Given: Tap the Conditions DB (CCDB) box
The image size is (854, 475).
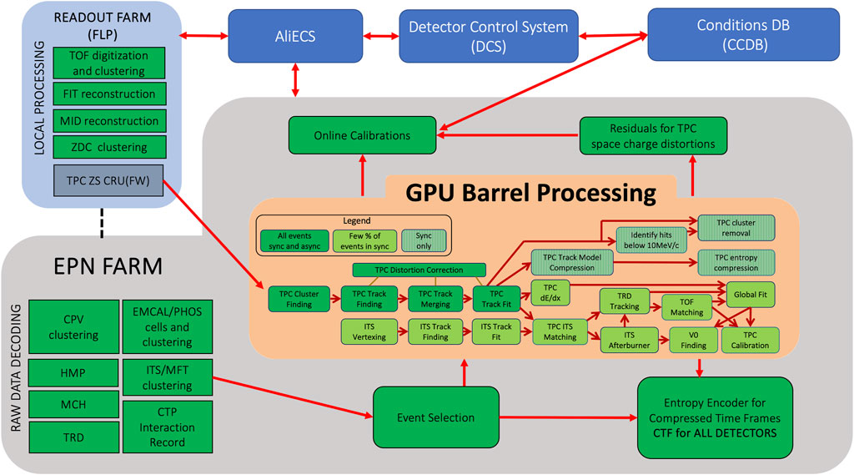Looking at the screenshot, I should (731, 37).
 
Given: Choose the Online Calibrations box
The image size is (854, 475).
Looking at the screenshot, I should (362, 135).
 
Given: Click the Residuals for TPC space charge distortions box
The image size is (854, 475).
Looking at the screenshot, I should (653, 134).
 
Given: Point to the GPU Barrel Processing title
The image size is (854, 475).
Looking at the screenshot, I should (531, 193).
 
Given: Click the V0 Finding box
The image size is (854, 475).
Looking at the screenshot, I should (693, 340).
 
